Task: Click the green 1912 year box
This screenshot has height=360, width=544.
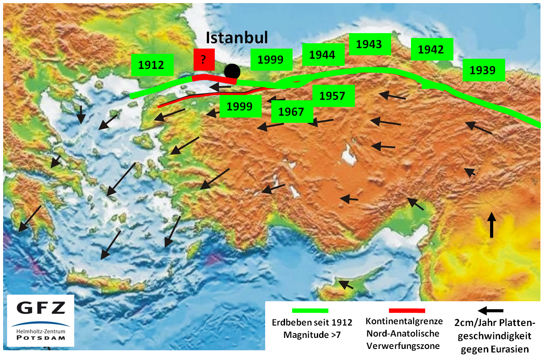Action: tap(151, 65)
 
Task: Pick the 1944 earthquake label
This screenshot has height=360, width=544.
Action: tap(322, 55)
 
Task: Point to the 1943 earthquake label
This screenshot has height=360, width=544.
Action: tap(369, 44)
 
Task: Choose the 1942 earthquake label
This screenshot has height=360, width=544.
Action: tap(431, 49)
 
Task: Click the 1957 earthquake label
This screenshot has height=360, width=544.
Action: tap(332, 96)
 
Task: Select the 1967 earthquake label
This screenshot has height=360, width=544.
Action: tap(292, 112)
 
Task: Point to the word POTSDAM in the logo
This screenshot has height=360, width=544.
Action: tap(40, 338)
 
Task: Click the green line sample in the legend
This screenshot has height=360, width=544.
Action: tap(310, 311)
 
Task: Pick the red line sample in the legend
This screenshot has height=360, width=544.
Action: tap(407, 311)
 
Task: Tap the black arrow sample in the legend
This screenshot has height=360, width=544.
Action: tap(491, 311)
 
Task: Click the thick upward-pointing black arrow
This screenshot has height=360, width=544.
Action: tap(491, 225)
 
